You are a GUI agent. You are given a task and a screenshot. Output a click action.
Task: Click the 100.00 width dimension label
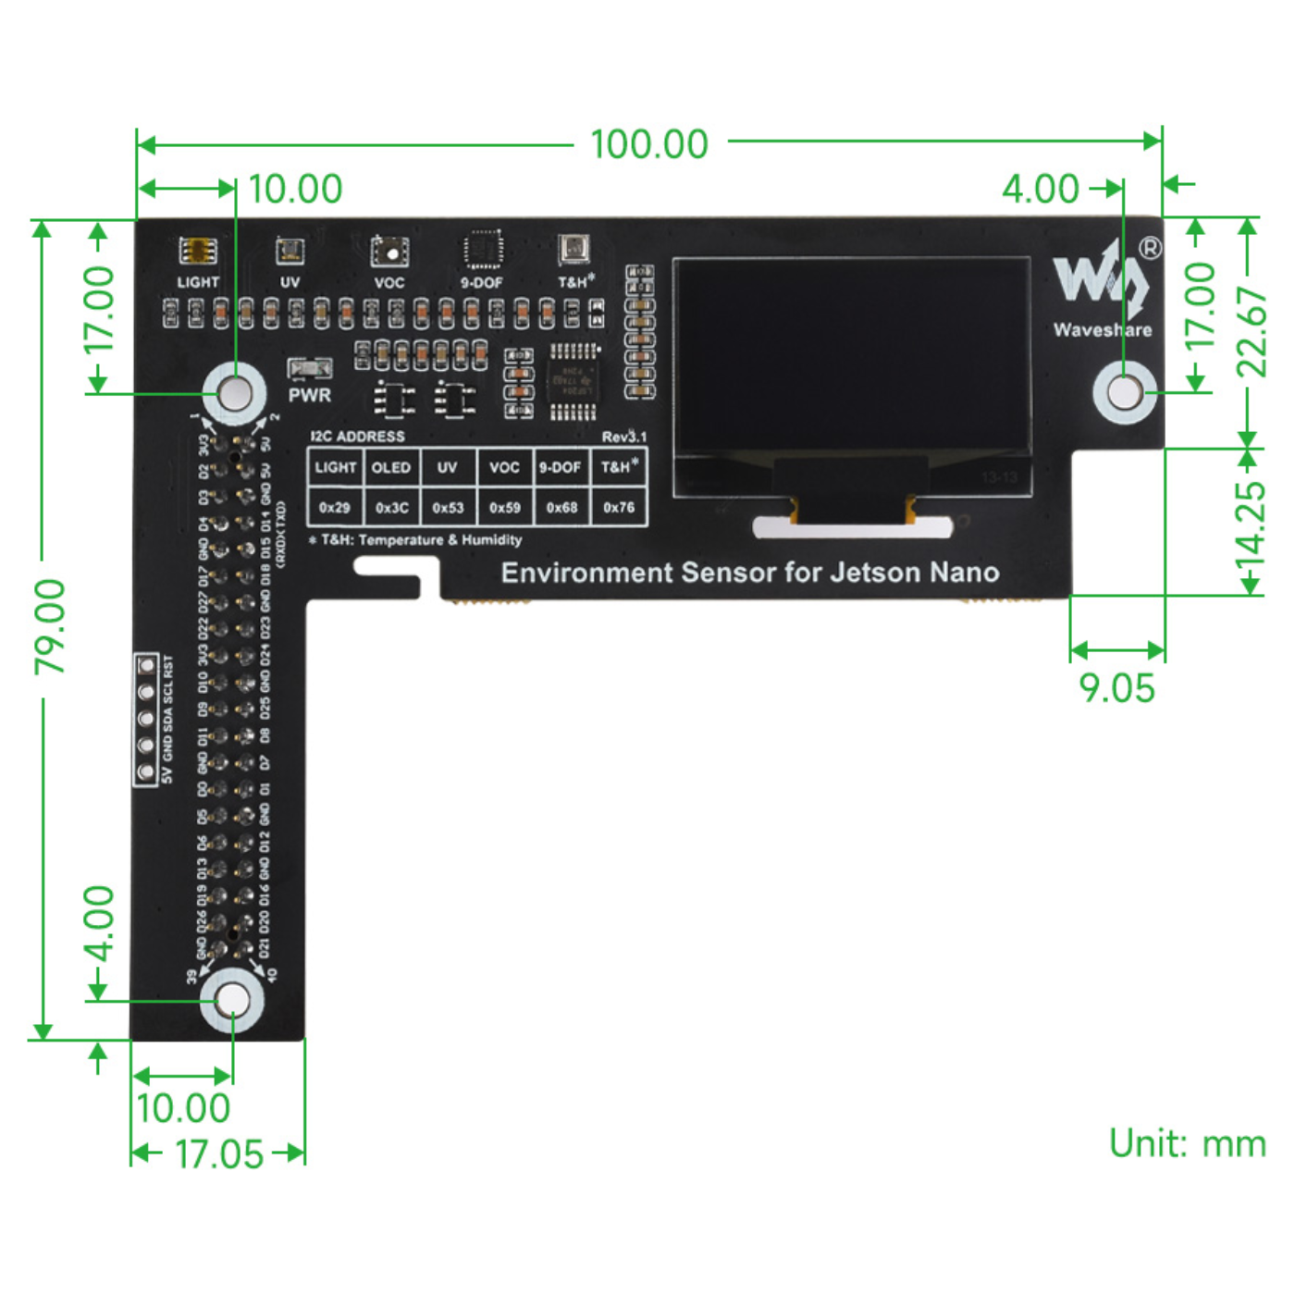tap(649, 144)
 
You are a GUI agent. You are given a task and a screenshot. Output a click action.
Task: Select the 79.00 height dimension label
tap(50, 626)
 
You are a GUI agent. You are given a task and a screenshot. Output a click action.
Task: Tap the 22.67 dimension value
tap(1251, 331)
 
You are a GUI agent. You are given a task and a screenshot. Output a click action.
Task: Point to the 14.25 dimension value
tap(1251, 523)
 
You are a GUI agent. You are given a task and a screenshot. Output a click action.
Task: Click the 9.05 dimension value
tap(1116, 688)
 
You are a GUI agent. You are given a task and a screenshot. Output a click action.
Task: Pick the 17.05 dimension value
tap(219, 1154)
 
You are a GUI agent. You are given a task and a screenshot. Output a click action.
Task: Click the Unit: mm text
tap(1187, 1143)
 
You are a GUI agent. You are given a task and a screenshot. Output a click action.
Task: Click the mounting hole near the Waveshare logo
tap(1124, 391)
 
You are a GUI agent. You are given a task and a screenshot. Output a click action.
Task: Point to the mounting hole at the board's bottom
tap(232, 1001)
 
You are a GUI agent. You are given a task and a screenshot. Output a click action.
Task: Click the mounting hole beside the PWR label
tap(235, 393)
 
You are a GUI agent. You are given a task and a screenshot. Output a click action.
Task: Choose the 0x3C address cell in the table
tap(391, 508)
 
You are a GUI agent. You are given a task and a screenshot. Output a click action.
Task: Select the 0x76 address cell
tap(619, 508)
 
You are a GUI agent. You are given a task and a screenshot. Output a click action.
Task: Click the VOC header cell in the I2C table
tap(504, 467)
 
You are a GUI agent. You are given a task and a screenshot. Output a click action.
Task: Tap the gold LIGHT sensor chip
tap(197, 251)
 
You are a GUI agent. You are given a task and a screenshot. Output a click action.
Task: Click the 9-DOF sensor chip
tap(482, 250)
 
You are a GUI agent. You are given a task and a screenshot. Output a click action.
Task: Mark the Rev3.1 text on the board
tap(624, 437)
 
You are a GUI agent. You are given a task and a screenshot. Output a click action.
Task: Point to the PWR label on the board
tap(309, 395)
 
